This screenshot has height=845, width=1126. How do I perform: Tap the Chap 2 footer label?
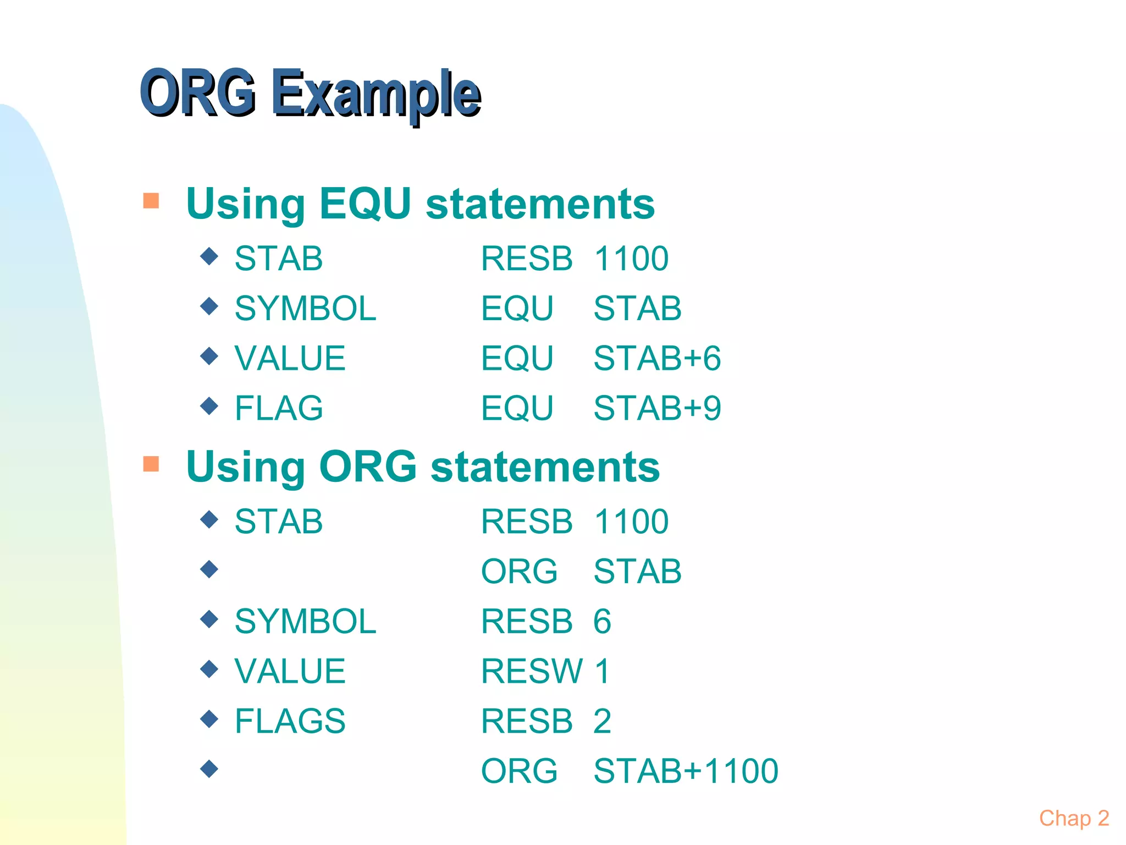[x=1073, y=819]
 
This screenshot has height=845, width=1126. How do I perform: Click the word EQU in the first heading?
[x=365, y=204]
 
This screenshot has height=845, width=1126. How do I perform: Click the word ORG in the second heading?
[x=368, y=467]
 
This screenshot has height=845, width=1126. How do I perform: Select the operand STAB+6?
[x=657, y=358]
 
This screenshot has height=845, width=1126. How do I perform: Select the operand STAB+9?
[x=657, y=408]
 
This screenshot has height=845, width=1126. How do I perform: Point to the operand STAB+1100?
[x=686, y=771]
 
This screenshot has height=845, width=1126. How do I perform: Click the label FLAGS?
[x=290, y=721]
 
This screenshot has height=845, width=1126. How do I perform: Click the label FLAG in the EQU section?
[x=279, y=408]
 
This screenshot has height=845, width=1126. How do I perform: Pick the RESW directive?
[x=532, y=671]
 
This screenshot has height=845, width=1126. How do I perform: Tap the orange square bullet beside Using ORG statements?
[x=151, y=464]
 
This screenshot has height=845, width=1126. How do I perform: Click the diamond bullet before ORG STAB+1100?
[x=209, y=768]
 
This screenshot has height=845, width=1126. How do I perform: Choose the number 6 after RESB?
[x=602, y=622]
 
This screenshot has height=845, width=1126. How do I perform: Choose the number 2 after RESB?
[x=602, y=721]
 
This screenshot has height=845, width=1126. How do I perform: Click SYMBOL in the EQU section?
[x=305, y=308]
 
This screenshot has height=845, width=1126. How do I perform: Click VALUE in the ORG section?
[x=290, y=671]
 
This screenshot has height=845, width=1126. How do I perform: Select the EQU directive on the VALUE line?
[x=517, y=358]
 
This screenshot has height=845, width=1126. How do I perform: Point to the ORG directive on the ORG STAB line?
[x=519, y=571]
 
